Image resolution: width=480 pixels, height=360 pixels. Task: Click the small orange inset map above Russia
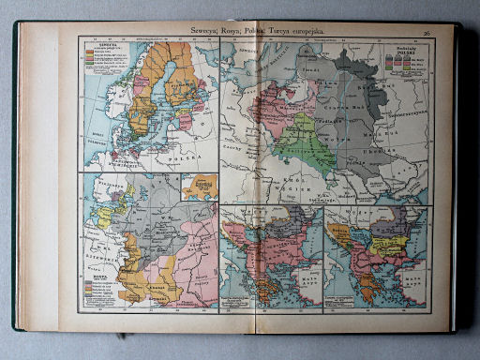[x=198, y=185]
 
